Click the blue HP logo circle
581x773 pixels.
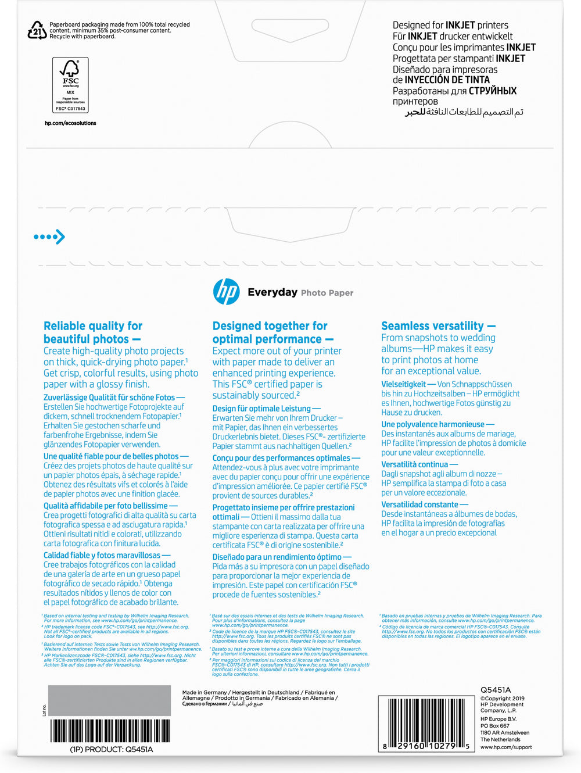coord(226,291)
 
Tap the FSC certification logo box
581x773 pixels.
coord(70,85)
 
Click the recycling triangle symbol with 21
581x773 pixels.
coord(37,30)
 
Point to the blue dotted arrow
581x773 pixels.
coord(49,237)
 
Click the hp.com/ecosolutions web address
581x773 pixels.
coord(70,123)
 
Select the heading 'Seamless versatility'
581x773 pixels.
coord(432,326)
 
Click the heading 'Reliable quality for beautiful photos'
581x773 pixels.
coord(93,332)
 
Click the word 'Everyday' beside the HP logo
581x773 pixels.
coord(272,292)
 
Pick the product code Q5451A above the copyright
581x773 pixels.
coord(496,690)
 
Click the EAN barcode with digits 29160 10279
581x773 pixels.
coord(425,724)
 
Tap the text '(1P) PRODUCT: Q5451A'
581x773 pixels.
coord(112,750)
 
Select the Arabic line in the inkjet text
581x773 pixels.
coord(464,112)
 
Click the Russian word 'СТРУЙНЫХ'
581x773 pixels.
coord(493,91)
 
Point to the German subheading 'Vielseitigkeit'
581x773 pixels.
coord(404,384)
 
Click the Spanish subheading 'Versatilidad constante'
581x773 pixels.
coord(419,504)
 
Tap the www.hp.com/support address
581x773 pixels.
coord(506,747)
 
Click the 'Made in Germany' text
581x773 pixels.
coord(205,693)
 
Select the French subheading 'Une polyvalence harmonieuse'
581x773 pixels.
coord(433,424)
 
